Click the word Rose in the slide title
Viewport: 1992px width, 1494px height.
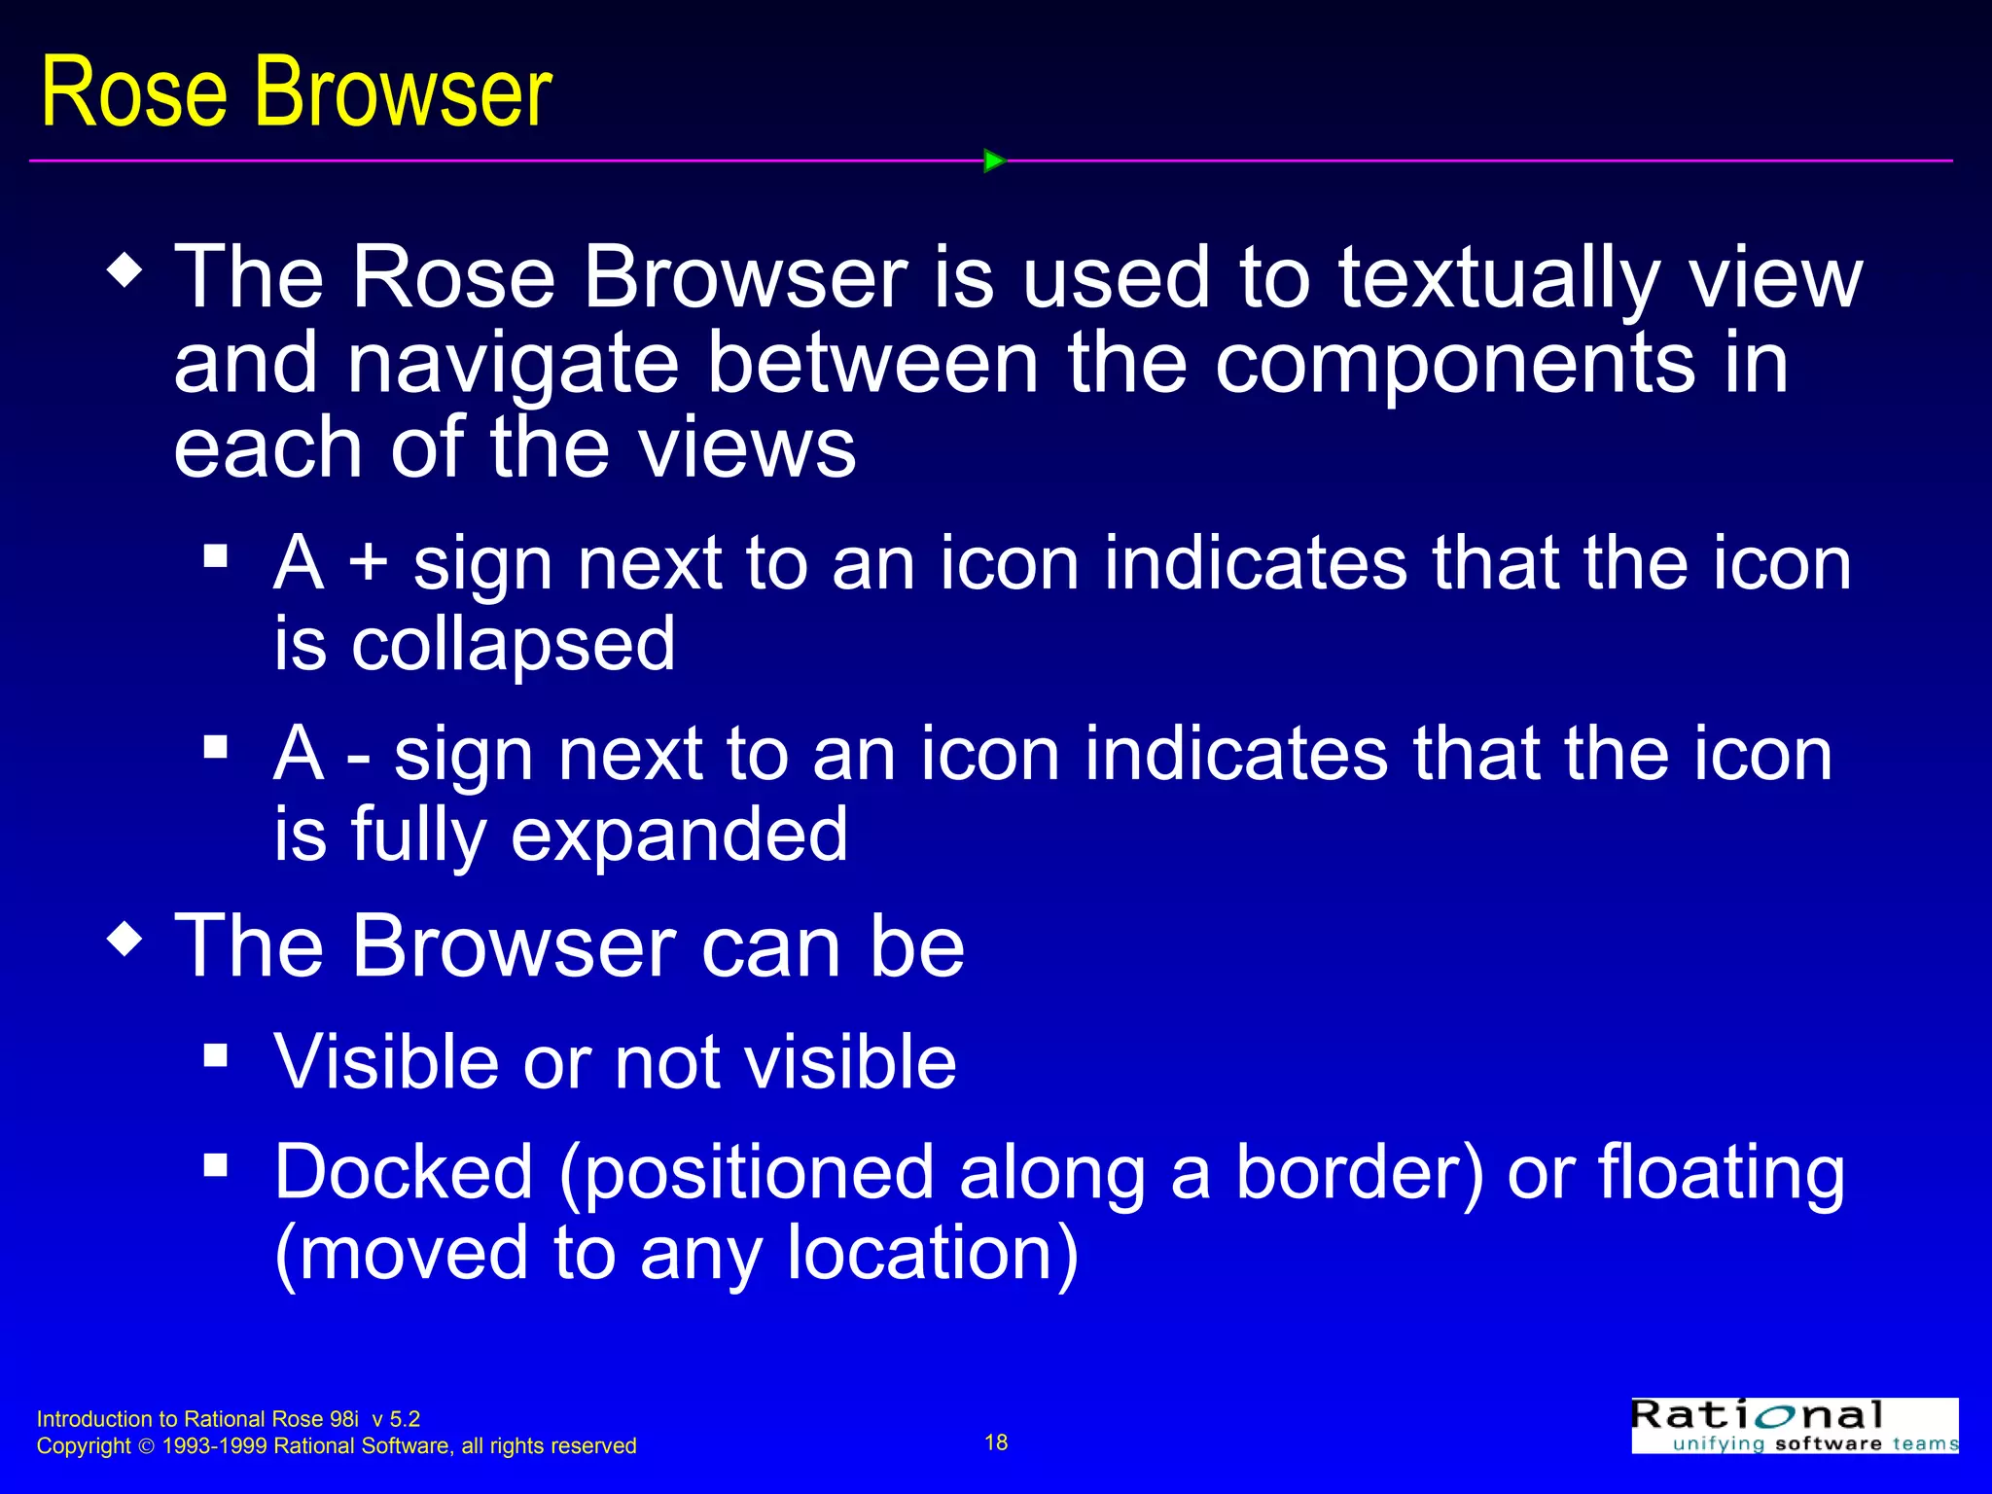[134, 92]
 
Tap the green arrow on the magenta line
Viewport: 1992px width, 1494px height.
[994, 160]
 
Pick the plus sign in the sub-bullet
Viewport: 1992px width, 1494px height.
[369, 564]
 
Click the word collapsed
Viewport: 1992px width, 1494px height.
[513, 645]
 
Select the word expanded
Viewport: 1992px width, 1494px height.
[679, 835]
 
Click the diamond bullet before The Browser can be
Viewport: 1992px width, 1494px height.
[125, 940]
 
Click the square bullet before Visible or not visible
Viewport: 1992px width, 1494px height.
[216, 1055]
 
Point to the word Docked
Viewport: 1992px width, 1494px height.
[404, 1173]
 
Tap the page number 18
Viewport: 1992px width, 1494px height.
[996, 1442]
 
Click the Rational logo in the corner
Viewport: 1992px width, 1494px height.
[1795, 1426]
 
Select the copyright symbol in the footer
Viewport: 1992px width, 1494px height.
[147, 1447]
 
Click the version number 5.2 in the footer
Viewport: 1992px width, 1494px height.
[405, 1419]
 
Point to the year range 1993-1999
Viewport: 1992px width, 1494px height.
[214, 1446]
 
